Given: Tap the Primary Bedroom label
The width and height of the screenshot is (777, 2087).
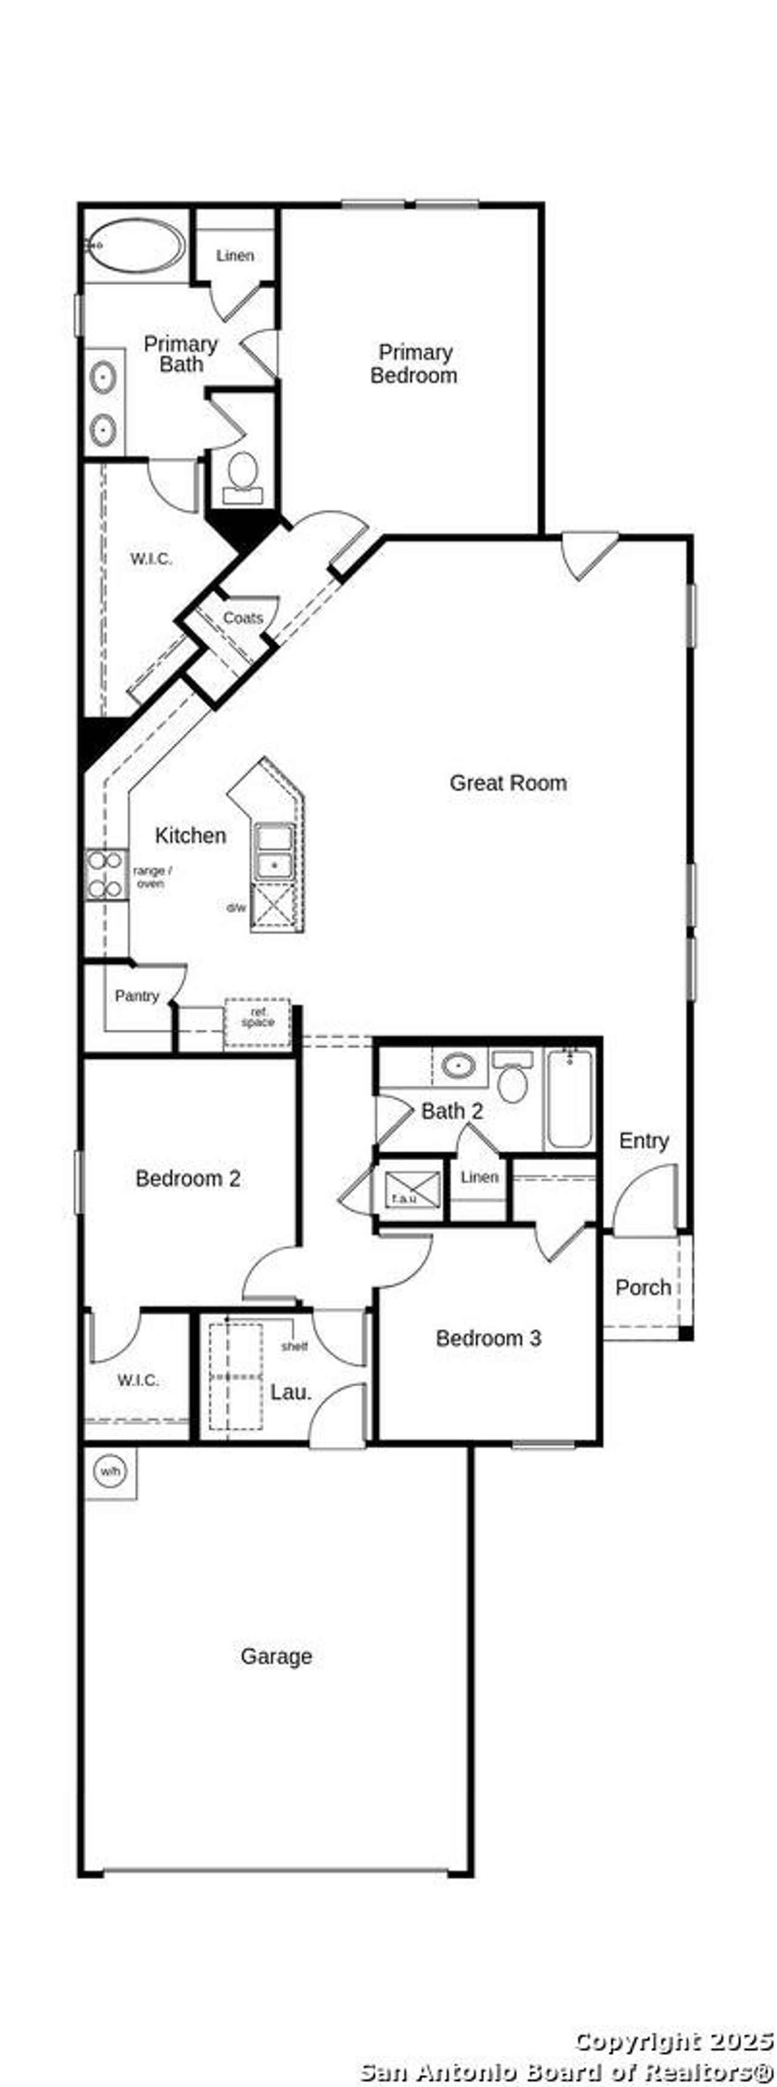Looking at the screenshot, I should [x=414, y=364].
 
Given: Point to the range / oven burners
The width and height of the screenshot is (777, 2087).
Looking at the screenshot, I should [x=106, y=874].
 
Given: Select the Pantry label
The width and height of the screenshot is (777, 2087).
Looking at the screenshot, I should [x=136, y=996].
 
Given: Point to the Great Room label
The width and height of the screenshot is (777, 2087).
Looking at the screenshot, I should [x=508, y=783].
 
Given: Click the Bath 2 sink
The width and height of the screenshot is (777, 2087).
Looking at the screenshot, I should [x=458, y=1066].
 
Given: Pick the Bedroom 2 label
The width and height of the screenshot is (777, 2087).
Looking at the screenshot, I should [x=188, y=1178].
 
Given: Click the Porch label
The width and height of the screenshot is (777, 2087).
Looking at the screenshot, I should [x=642, y=1287].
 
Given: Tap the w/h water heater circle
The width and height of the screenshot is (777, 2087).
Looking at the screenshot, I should [x=110, y=1470].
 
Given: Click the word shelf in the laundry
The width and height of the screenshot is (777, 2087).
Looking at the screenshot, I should [x=294, y=1347].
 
